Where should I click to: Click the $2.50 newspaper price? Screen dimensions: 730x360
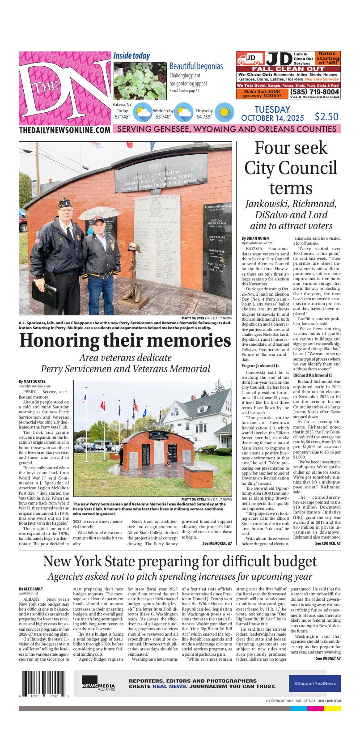pyautogui.click(x=326, y=117)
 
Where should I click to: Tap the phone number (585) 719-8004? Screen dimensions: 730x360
pyautogui.click(x=314, y=92)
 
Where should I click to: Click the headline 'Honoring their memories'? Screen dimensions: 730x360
pyautogui.click(x=125, y=341)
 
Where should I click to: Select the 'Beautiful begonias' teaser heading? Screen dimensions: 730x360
pyautogui.click(x=196, y=66)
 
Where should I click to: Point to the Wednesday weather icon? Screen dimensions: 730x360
pyautogui.click(x=184, y=112)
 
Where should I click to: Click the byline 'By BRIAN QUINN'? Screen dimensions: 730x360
pyautogui.click(x=255, y=238)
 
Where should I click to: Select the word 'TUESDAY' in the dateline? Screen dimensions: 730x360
pyautogui.click(x=272, y=109)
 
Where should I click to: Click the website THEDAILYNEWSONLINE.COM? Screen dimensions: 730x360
pyautogui.click(x=65, y=130)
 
